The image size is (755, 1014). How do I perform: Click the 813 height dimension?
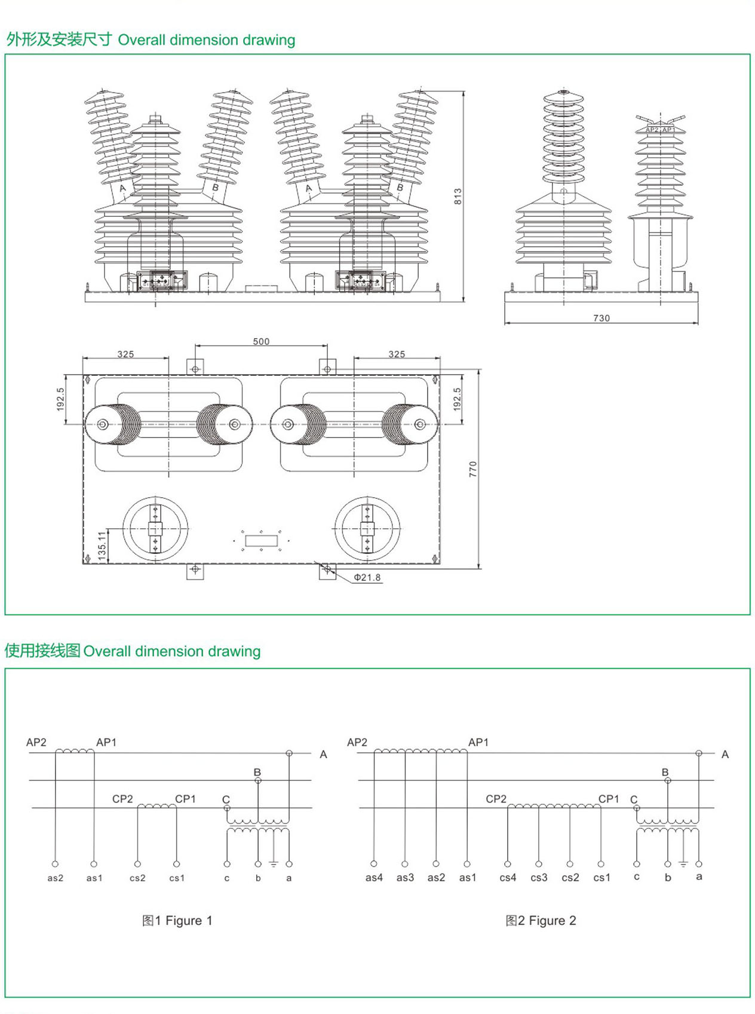click(458, 197)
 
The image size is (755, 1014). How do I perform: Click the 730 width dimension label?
click(601, 318)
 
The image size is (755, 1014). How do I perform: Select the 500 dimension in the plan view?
click(261, 341)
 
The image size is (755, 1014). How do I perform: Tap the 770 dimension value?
click(473, 469)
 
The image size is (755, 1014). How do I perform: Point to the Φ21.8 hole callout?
click(367, 577)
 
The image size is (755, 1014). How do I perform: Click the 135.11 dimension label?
click(102, 545)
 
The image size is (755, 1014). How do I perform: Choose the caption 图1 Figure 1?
click(177, 920)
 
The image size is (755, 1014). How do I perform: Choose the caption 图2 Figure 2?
click(541, 920)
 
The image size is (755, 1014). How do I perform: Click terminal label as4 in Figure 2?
click(374, 877)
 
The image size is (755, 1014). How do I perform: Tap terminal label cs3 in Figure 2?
click(539, 877)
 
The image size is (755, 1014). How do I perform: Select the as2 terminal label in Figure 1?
click(55, 878)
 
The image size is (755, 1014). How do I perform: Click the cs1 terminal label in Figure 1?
click(177, 878)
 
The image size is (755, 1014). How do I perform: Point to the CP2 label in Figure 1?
click(122, 799)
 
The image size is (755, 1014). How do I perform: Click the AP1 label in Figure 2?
click(478, 742)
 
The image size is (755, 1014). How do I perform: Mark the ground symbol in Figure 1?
click(274, 864)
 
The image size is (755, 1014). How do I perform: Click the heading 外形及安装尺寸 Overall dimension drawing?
click(151, 40)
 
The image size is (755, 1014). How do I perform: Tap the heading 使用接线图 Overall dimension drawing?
click(133, 651)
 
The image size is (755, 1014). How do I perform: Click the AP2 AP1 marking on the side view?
click(659, 130)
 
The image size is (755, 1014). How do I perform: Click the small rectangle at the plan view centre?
click(262, 541)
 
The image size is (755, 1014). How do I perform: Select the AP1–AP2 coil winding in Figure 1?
click(75, 750)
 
